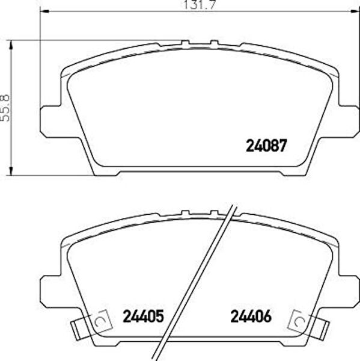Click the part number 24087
coord(267,146)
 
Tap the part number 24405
coord(143,316)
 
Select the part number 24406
coord(251,316)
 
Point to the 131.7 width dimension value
coord(199,5)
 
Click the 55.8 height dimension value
coord(5,108)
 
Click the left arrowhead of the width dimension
coord(44,11)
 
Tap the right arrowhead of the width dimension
coord(355,11)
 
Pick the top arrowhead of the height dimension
coord(11,45)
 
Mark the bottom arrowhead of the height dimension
coord(11,171)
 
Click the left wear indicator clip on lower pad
coord(91,324)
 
